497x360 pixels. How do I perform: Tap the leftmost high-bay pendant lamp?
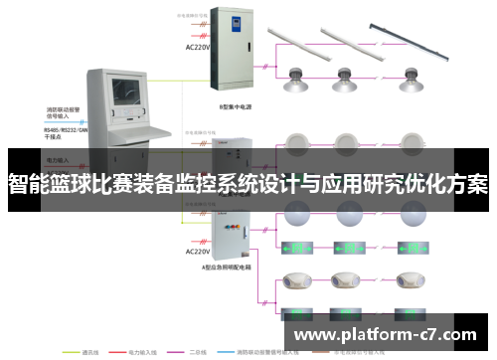[x=297, y=80]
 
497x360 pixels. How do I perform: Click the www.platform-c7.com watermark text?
[x=387, y=334]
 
